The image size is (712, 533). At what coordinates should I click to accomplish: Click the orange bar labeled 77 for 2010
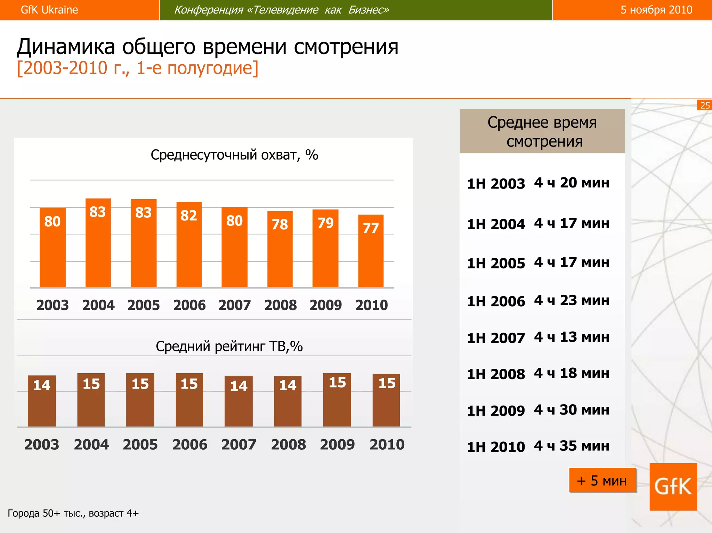pyautogui.click(x=371, y=251)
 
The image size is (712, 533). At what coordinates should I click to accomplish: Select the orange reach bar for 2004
pyautogui.click(x=98, y=243)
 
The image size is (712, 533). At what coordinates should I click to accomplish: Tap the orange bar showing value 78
pyautogui.click(x=280, y=249)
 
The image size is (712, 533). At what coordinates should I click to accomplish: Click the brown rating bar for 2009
pyautogui.click(x=337, y=400)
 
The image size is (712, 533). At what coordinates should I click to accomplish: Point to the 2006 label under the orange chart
pyautogui.click(x=189, y=305)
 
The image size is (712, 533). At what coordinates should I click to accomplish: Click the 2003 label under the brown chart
pyautogui.click(x=42, y=444)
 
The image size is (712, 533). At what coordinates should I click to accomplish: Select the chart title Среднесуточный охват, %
pyautogui.click(x=234, y=155)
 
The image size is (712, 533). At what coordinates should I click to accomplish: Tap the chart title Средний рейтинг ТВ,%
pyautogui.click(x=229, y=346)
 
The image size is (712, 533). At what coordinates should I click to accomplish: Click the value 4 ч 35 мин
pyautogui.click(x=572, y=446)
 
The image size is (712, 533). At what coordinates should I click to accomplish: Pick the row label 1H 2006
pyautogui.click(x=496, y=301)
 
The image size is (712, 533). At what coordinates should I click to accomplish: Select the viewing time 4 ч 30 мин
pyautogui.click(x=572, y=410)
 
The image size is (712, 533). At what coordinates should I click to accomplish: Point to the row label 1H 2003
pyautogui.click(x=496, y=184)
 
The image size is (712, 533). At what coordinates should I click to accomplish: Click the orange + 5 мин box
pyautogui.click(x=602, y=481)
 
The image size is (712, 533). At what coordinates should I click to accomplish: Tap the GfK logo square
pyautogui.click(x=673, y=486)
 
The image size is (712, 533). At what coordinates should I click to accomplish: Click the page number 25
pyautogui.click(x=705, y=105)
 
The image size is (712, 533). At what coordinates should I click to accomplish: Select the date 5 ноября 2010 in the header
pyautogui.click(x=656, y=10)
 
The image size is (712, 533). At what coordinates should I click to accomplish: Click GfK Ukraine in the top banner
pyautogui.click(x=49, y=10)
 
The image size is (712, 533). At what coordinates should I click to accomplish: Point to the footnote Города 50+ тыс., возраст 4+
pyautogui.click(x=73, y=513)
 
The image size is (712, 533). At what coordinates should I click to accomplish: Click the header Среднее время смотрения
pyautogui.click(x=542, y=132)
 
